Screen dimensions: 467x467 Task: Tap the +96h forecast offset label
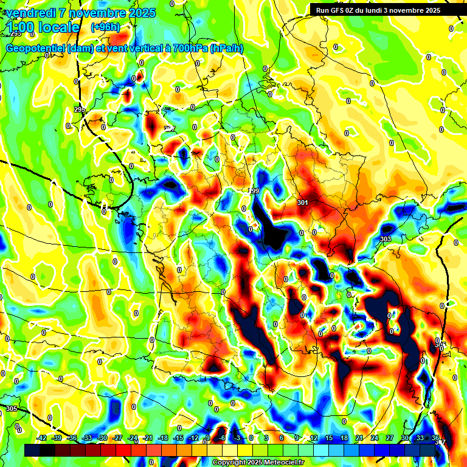pyautogui.click(x=105, y=27)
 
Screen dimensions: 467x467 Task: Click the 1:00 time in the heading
pyautogui.click(x=23, y=28)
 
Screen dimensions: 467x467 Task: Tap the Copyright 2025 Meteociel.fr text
pyautogui.click(x=257, y=462)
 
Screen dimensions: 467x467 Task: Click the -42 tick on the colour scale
pyautogui.click(x=42, y=438)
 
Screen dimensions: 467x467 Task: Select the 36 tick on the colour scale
pyautogui.click(x=435, y=438)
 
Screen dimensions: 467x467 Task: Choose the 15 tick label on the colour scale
pyautogui.click(x=328, y=438)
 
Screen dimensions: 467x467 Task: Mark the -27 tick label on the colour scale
pyautogui.click(x=117, y=438)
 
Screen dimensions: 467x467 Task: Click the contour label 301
pyautogui.click(x=303, y=202)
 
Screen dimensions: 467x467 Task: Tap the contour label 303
pyautogui.click(x=385, y=239)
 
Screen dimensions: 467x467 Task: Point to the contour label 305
pyautogui.click(x=12, y=409)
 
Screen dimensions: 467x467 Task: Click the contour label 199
pyautogui.click(x=254, y=191)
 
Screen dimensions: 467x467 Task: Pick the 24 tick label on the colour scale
pyautogui.click(x=374, y=438)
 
